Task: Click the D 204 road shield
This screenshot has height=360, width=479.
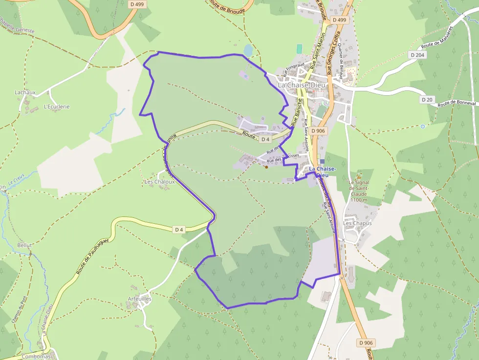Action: coord(417,55)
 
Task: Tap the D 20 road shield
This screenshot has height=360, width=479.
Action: coord(427,100)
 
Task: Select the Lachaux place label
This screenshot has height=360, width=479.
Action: coord(25,92)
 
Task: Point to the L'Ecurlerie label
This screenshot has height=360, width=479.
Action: coord(57,106)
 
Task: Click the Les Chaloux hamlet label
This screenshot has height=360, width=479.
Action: coord(159,182)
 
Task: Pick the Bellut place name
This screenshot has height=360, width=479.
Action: coord(24,245)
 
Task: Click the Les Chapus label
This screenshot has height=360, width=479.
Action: coord(357,223)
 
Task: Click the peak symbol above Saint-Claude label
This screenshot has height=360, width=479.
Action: coord(359,176)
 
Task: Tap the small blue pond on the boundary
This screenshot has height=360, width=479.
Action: coord(248,50)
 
